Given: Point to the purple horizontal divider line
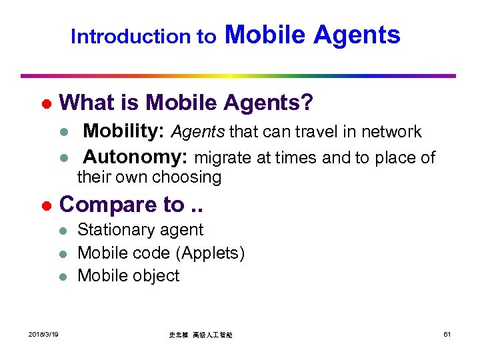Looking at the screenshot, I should pyautogui.click(x=238, y=76).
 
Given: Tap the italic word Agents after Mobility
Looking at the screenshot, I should pyautogui.click(x=198, y=132).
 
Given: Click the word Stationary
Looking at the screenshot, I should pyautogui.click(x=114, y=230).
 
